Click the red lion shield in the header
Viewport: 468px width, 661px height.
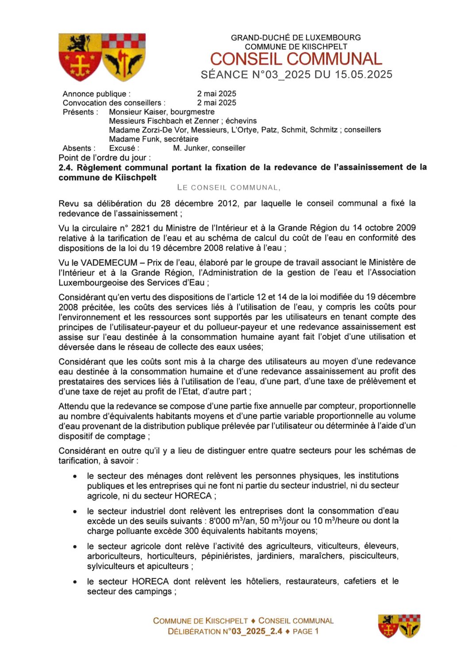point(80,57)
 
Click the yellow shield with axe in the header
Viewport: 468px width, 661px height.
point(123,57)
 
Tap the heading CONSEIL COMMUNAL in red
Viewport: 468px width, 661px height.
point(295,59)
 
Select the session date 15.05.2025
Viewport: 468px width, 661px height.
point(363,75)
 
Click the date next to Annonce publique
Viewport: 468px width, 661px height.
point(216,94)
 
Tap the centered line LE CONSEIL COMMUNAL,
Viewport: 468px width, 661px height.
point(228,187)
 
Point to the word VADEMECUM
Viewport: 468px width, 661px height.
point(109,262)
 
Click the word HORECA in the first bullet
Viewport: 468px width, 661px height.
point(194,496)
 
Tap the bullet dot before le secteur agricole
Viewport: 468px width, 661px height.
point(75,547)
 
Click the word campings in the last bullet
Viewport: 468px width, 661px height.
point(154,592)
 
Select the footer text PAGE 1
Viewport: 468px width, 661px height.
point(306,631)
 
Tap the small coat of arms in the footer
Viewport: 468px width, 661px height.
point(399,626)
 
